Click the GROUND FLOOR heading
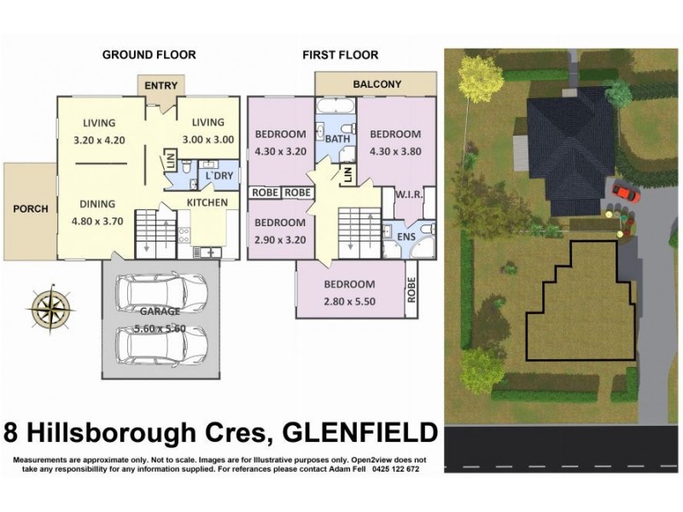[x=149, y=55]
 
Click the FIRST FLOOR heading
[x=340, y=55]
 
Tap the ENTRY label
[x=161, y=85]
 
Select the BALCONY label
[x=377, y=84]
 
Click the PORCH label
[x=30, y=209]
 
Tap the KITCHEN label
[x=207, y=202]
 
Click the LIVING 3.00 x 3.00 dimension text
[x=207, y=138]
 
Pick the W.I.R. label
[x=408, y=195]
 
